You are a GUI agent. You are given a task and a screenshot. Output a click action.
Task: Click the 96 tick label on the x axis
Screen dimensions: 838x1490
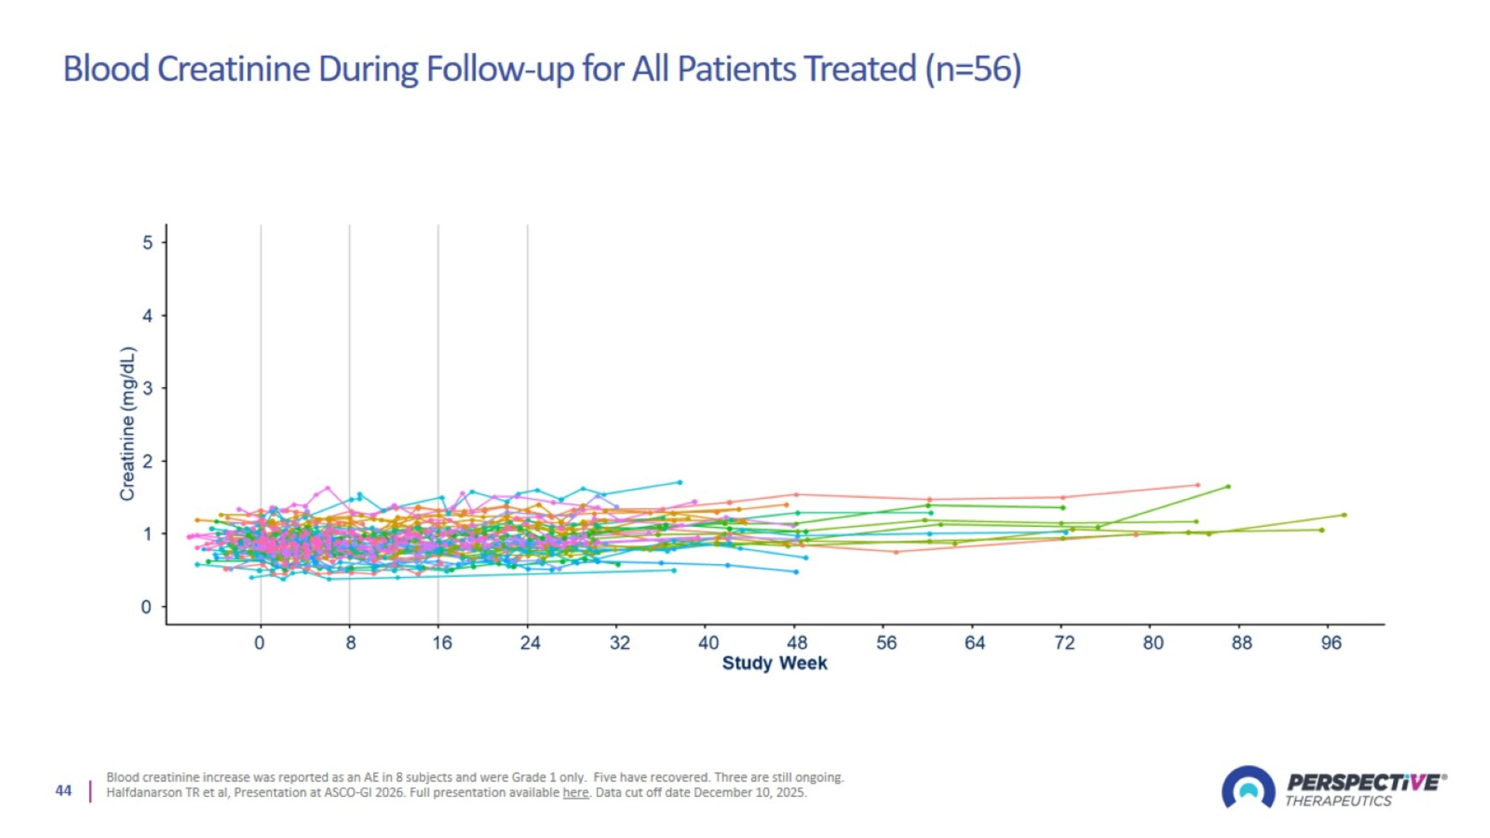pyautogui.click(x=1331, y=643)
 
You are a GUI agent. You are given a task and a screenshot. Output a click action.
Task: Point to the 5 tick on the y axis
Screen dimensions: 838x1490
pyautogui.click(x=148, y=242)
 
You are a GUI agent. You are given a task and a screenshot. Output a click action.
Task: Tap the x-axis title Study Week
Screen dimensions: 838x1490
pyautogui.click(x=774, y=663)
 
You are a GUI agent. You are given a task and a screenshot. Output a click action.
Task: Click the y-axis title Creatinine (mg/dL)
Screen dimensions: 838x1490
pyautogui.click(x=127, y=423)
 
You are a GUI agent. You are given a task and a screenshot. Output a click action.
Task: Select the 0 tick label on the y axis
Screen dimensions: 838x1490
pyautogui.click(x=147, y=607)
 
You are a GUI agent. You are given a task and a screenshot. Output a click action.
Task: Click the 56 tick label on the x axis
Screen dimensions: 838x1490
pyautogui.click(x=886, y=643)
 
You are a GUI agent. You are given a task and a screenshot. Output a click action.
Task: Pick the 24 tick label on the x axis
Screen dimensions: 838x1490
pyautogui.click(x=530, y=643)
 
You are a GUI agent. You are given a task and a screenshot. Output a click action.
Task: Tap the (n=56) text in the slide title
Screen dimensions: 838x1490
pyautogui.click(x=973, y=69)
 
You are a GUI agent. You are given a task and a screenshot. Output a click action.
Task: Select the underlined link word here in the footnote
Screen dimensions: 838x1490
pyautogui.click(x=575, y=793)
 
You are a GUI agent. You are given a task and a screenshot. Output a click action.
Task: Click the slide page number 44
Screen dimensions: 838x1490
pyautogui.click(x=64, y=791)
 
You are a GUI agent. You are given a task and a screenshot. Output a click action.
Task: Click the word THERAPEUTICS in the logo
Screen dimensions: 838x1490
pyautogui.click(x=1338, y=801)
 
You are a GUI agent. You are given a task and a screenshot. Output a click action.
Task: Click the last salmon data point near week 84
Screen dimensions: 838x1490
pyautogui.click(x=1198, y=485)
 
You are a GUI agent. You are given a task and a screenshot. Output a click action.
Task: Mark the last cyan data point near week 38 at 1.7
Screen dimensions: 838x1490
pyautogui.click(x=680, y=482)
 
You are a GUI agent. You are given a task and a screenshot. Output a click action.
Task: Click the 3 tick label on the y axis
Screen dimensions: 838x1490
pyautogui.click(x=148, y=388)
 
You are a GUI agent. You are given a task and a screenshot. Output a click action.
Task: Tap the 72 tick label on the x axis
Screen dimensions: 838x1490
pyautogui.click(x=1064, y=643)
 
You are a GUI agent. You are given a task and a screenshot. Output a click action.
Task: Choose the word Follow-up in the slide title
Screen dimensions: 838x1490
pyautogui.click(x=500, y=69)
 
